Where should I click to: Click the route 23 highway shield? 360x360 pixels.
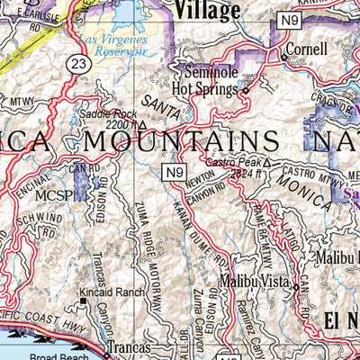pyautogui.click(x=78, y=62)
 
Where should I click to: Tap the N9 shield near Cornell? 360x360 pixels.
pyautogui.click(x=287, y=19)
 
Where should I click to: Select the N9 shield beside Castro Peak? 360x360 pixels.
pyautogui.click(x=174, y=170)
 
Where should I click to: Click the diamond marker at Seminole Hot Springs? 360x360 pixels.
pyautogui.click(x=245, y=90)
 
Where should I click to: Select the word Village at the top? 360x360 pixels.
pyautogui.click(x=208, y=10)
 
